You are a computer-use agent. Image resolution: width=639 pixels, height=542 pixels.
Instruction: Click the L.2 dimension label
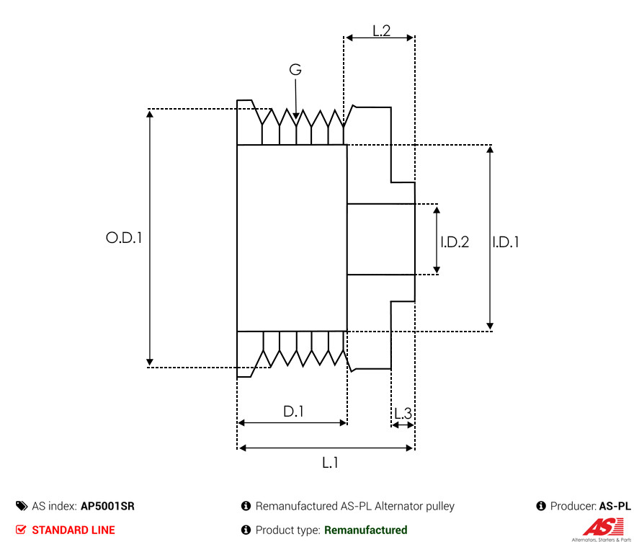click(381, 30)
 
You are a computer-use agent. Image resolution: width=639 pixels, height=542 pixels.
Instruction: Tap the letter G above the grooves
click(295, 70)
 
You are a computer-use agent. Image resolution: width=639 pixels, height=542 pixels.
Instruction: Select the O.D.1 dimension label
click(124, 238)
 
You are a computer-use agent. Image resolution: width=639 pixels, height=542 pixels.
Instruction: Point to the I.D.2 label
click(455, 242)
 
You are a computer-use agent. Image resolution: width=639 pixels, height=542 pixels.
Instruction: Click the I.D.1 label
click(505, 242)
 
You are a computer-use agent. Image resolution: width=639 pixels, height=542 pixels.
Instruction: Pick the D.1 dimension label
click(293, 412)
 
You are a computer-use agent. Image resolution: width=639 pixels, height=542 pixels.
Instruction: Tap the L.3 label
click(403, 414)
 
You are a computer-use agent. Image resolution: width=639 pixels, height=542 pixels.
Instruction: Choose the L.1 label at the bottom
click(330, 463)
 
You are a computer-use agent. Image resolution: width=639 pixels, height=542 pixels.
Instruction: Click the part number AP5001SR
click(107, 506)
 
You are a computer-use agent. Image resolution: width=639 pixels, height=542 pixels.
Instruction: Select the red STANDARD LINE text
click(73, 530)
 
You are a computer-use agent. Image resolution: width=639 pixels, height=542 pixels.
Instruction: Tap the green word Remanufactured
click(365, 530)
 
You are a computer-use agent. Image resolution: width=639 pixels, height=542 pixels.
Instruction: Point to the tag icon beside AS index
click(22, 506)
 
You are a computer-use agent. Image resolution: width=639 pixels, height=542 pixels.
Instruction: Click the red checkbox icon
click(21, 530)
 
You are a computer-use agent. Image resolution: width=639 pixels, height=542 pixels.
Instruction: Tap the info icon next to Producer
click(541, 506)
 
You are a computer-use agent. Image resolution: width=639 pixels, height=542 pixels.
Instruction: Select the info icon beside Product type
click(246, 530)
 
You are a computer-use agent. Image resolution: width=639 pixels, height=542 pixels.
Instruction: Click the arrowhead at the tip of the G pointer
click(296, 115)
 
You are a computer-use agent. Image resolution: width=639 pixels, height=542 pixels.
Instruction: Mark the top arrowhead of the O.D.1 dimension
click(150, 113)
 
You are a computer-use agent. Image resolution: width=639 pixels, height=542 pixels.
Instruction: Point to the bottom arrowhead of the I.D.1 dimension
click(491, 326)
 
